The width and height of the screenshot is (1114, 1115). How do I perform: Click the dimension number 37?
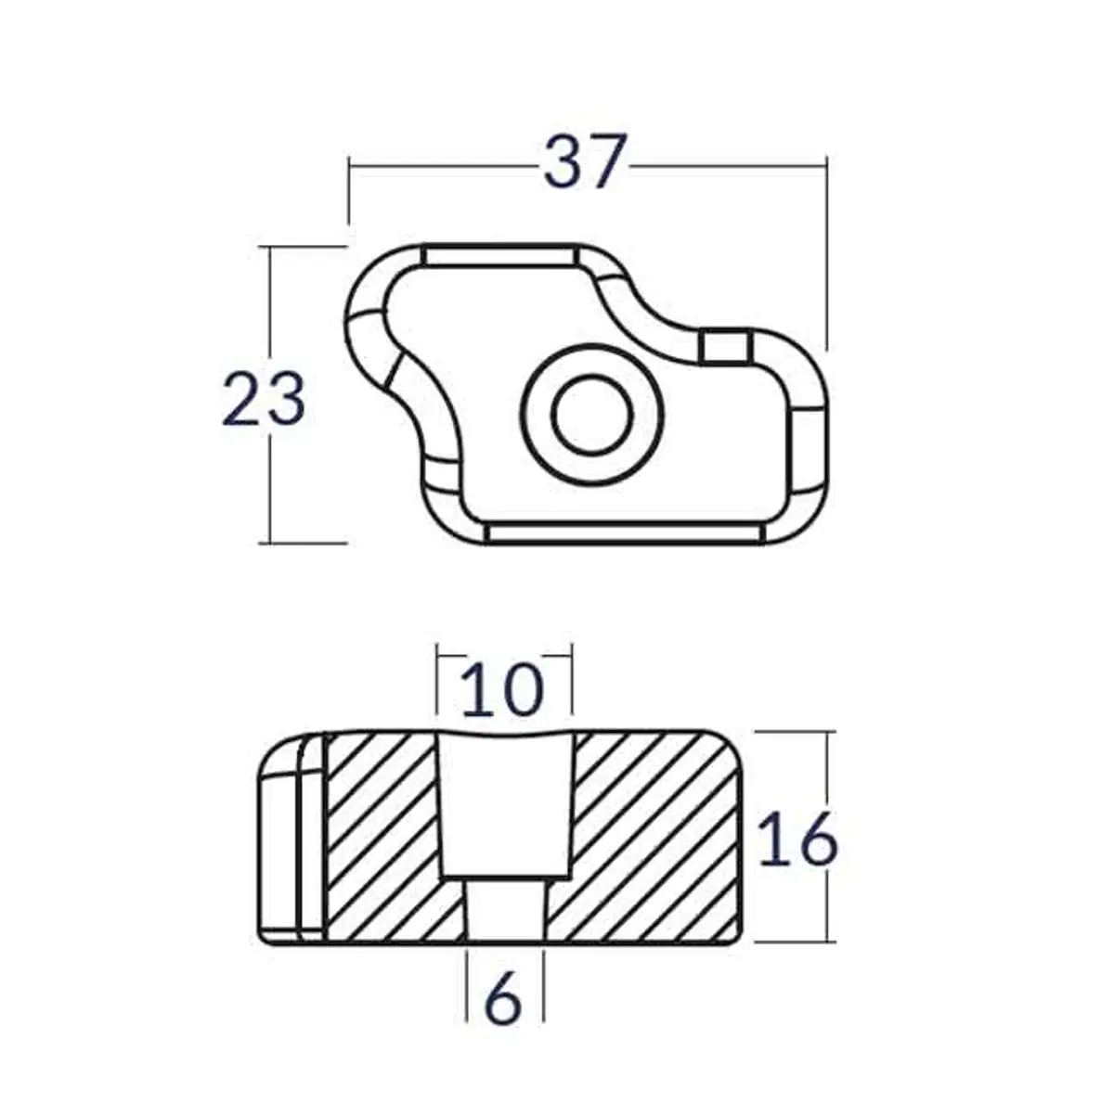click(x=586, y=163)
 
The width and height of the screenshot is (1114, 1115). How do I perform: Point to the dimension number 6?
click(x=504, y=1000)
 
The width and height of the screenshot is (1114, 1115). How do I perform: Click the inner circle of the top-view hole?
click(x=592, y=414)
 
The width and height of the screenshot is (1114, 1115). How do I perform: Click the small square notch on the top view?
click(x=725, y=346)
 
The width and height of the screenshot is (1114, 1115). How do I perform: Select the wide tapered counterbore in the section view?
click(x=504, y=802)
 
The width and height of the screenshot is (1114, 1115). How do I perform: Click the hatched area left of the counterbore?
click(x=381, y=835)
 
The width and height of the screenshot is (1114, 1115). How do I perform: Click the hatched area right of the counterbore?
click(x=650, y=835)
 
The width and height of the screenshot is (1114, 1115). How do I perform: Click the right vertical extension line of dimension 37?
click(x=825, y=260)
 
